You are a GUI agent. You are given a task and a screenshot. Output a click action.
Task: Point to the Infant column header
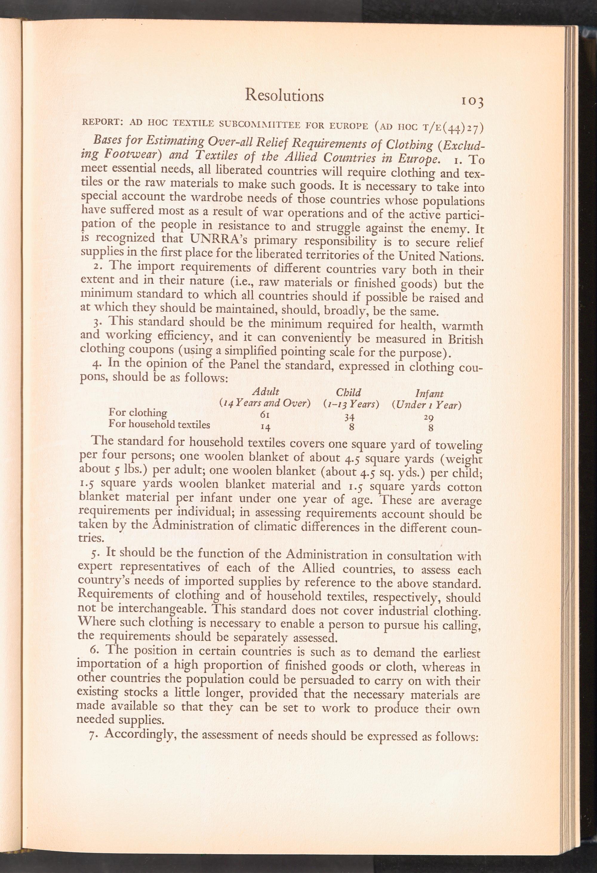pos(430,394)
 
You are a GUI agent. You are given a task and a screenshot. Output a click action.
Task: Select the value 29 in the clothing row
pos(428,418)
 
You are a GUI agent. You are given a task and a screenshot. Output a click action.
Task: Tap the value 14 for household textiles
pos(265,427)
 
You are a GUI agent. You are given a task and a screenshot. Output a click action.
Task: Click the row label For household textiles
pos(159,424)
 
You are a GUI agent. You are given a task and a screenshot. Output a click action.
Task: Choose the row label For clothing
pos(137,412)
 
